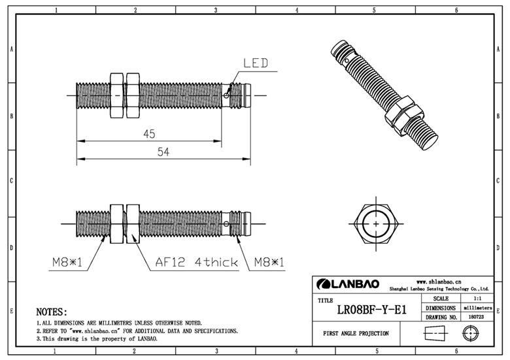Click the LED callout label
(x=256, y=64)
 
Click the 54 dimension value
(x=164, y=152)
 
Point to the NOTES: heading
(x=52, y=312)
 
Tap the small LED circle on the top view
(x=226, y=96)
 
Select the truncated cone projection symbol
(x=432, y=333)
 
